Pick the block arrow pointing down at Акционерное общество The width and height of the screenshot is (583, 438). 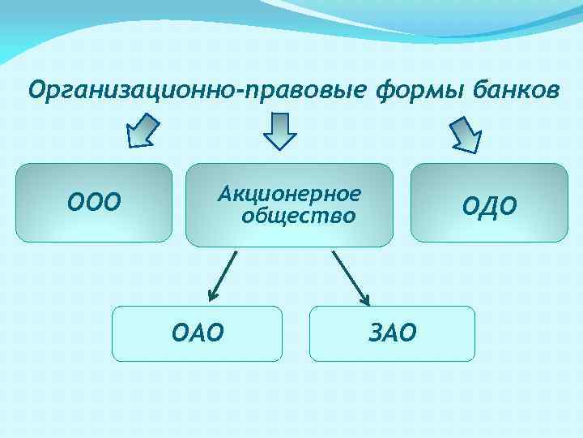281,131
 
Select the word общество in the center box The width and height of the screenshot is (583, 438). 298,216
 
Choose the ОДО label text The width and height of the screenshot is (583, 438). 489,206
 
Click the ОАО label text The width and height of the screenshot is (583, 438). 198,332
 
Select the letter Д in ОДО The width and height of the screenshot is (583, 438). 490,207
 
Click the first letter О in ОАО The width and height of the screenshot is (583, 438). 180,332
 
